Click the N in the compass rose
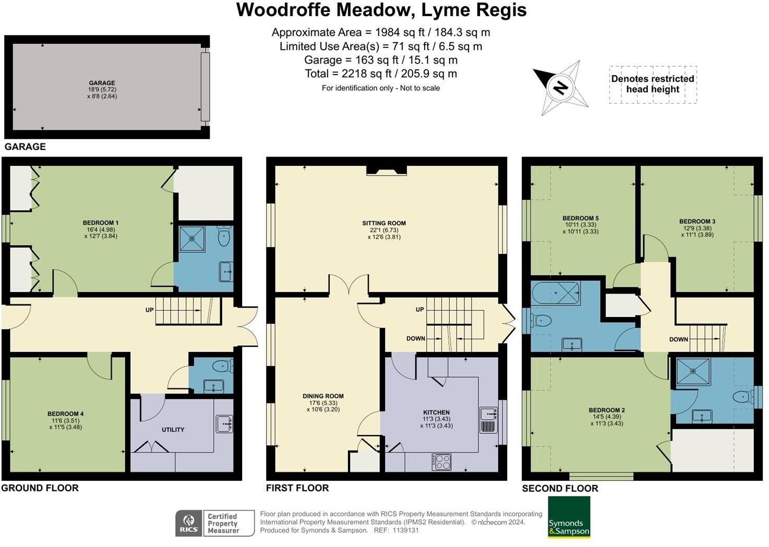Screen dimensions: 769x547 (561, 88)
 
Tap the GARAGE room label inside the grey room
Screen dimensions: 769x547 (102, 83)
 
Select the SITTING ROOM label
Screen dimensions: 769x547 (384, 223)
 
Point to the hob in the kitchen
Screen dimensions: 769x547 (441, 462)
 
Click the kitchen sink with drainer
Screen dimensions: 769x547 (488, 420)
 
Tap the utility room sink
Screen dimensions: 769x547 (224, 424)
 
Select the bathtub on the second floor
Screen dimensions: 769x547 (556, 293)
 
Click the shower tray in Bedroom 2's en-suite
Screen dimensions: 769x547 (693, 372)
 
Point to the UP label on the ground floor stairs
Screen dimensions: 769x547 (149, 310)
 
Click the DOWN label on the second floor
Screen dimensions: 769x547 (678, 339)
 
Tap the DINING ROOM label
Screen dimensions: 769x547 (323, 396)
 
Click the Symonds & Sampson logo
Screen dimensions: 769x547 (569, 517)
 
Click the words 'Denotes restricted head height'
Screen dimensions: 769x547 (653, 84)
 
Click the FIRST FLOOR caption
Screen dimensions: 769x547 (297, 488)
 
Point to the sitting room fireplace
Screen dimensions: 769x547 (387, 171)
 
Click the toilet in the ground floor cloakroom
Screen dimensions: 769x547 (223, 366)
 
